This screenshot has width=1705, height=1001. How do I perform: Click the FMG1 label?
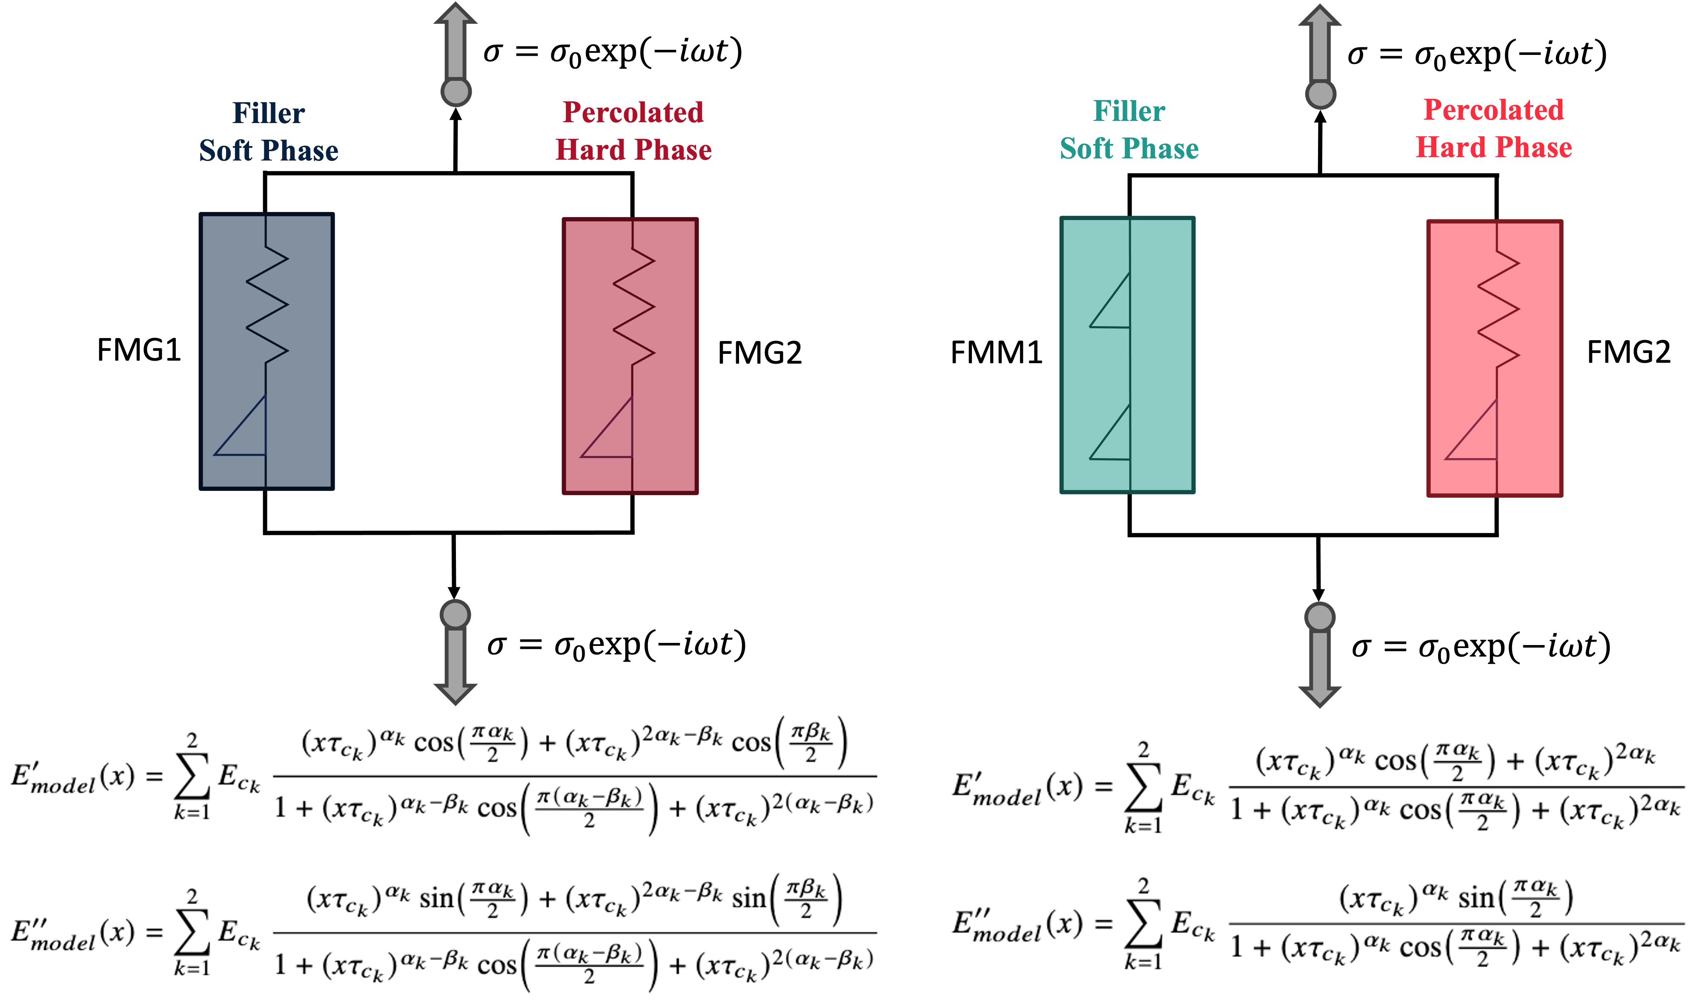[139, 350]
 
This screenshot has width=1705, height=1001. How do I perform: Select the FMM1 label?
[996, 353]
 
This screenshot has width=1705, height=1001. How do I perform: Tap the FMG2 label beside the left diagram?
[759, 353]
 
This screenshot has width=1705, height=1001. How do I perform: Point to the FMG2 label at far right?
[1628, 352]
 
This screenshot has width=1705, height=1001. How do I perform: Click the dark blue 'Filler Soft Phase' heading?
[269, 132]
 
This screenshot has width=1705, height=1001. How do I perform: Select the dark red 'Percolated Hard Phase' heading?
[633, 131]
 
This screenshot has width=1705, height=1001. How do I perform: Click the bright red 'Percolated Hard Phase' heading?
[1494, 129]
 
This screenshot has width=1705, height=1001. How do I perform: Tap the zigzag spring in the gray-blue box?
[267, 304]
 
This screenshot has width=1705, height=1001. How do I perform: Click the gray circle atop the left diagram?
[456, 92]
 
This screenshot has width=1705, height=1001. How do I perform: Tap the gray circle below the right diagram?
[1319, 617]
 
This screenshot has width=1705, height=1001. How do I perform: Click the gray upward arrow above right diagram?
[1319, 44]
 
